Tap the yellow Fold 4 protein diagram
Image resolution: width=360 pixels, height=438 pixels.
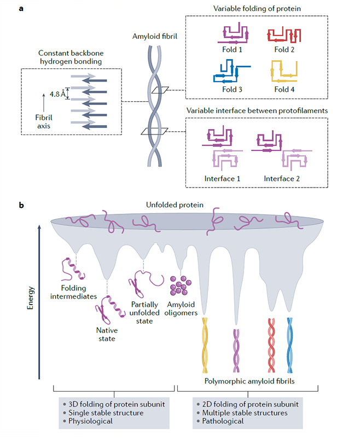coord(284,72)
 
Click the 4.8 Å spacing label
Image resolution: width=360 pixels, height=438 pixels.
coord(57,94)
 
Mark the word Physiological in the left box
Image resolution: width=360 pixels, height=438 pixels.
coord(91,422)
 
